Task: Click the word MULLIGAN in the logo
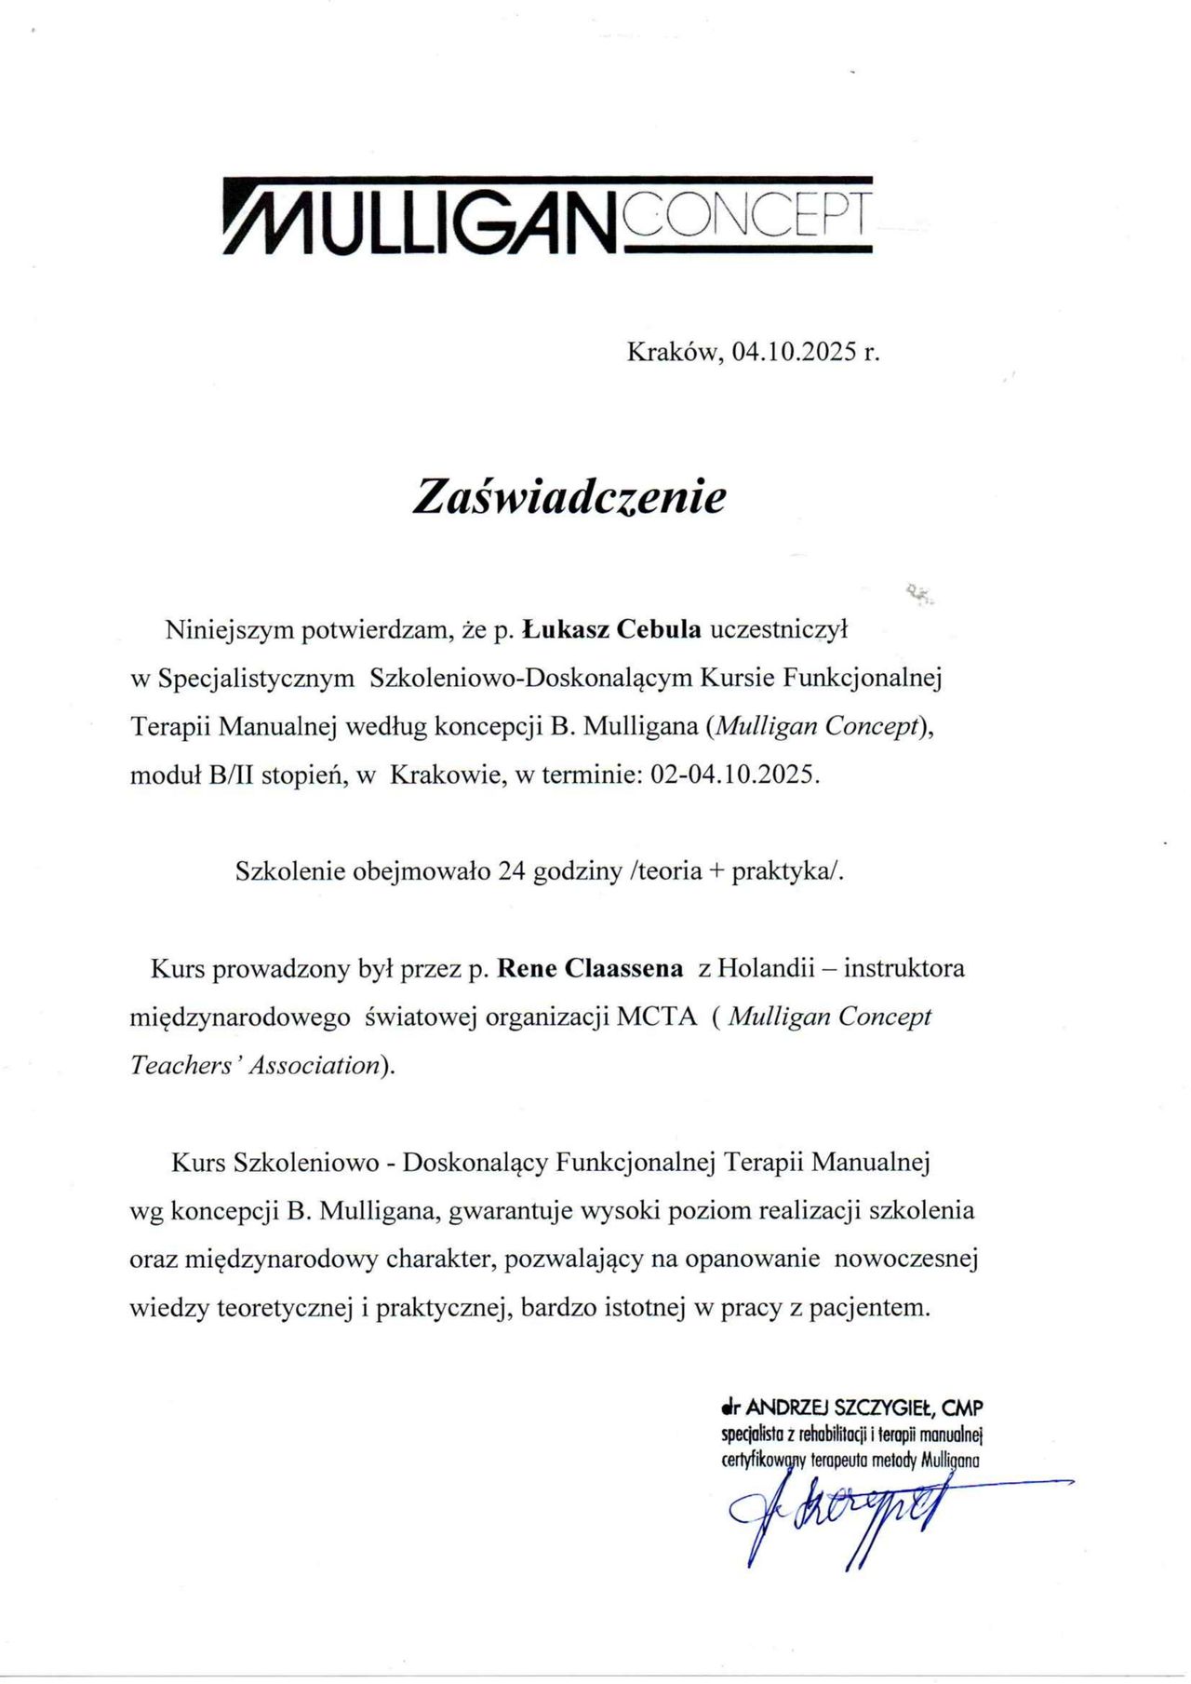(423, 222)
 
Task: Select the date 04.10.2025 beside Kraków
(793, 352)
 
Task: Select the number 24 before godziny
(512, 871)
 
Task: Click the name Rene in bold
(527, 968)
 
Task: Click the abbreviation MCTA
(656, 1017)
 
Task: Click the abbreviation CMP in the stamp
(962, 1408)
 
